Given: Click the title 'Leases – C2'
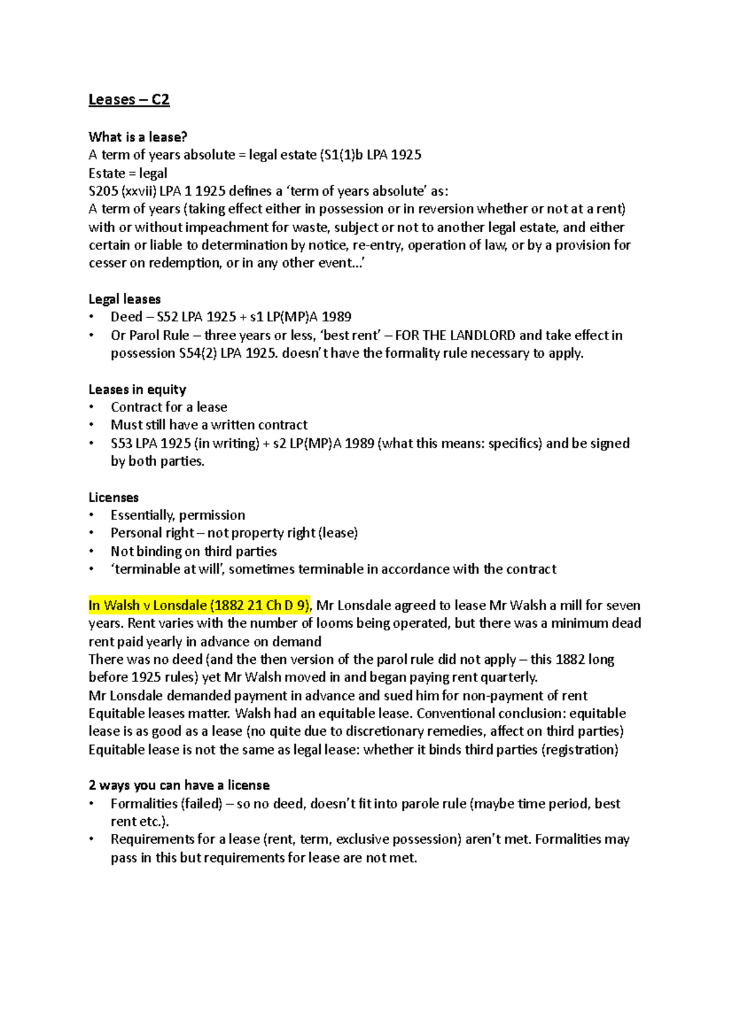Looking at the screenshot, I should point(129,99).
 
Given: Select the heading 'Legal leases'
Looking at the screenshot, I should point(124,299).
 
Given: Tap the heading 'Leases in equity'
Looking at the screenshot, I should point(137,389).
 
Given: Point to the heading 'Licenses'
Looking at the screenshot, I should point(113,497).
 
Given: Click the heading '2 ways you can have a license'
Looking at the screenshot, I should point(179,785).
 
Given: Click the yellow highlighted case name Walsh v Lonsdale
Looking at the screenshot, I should point(199,605).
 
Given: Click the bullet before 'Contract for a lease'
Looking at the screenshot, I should point(91,407).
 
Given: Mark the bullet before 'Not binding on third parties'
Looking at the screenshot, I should point(91,552).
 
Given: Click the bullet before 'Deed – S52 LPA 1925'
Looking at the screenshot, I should point(91,317).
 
